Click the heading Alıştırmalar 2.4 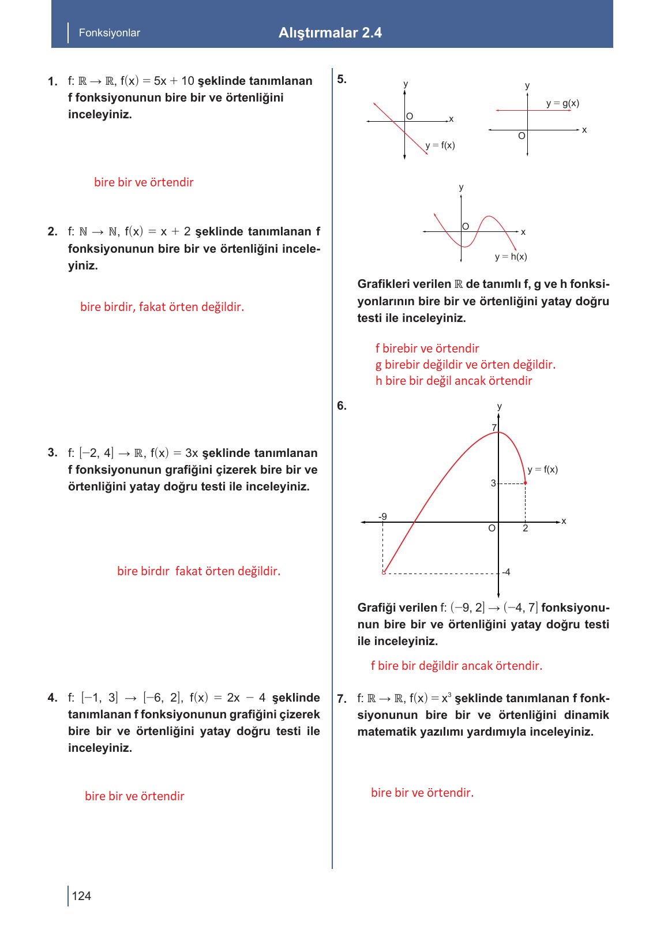tap(330, 33)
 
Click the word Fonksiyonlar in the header tap(109, 33)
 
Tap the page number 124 tap(81, 895)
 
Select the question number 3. tap(52, 452)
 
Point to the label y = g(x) tap(562, 103)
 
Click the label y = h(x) tap(511, 257)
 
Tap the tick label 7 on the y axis tap(494, 428)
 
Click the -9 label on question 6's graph tap(382, 516)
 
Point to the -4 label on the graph tap(506, 572)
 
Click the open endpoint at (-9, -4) tap(384, 572)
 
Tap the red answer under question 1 tap(144, 182)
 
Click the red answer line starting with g tap(465, 365)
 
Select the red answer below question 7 tap(422, 793)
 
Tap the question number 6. tap(342, 406)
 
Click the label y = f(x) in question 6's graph tap(542, 470)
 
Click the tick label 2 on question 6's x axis tap(525, 529)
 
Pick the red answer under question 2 tap(162, 307)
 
